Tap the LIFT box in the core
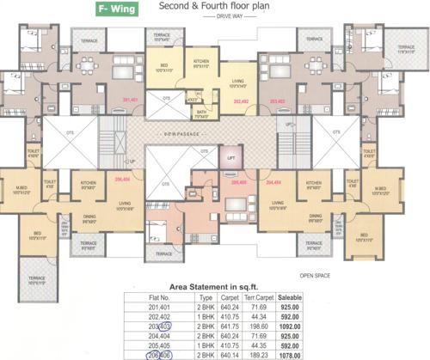pyautogui.click(x=230, y=160)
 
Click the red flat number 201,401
pyautogui.click(x=131, y=101)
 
